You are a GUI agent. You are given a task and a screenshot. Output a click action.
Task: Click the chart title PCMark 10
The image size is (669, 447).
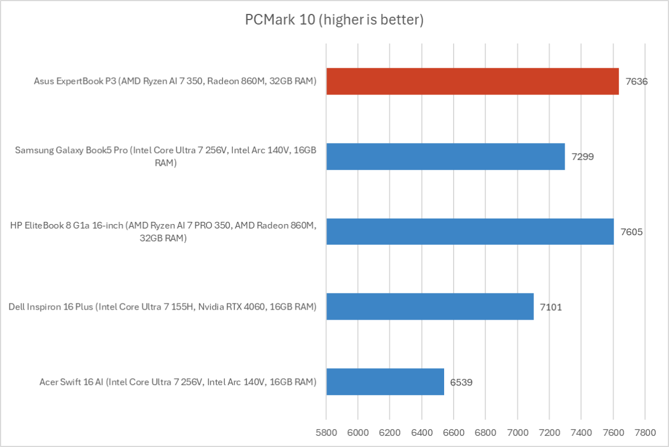tap(334, 21)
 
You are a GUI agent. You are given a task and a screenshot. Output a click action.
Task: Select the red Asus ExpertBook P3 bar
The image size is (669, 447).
tap(472, 81)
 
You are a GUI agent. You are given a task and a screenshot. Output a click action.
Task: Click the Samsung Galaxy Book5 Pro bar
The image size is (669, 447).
tap(445, 156)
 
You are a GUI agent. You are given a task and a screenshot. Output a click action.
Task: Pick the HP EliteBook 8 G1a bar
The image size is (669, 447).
tap(470, 231)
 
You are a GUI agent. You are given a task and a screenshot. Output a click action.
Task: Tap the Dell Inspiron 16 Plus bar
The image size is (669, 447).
tap(430, 306)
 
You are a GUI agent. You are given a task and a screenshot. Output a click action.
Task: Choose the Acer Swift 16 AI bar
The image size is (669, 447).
tap(385, 382)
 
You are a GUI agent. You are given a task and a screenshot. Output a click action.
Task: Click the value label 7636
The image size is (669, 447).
tap(637, 82)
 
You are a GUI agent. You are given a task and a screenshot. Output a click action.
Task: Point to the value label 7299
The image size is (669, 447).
tap(583, 156)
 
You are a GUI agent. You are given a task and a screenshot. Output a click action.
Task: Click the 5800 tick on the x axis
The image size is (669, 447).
tap(326, 432)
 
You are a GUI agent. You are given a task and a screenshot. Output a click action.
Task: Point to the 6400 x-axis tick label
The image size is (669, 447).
tap(422, 432)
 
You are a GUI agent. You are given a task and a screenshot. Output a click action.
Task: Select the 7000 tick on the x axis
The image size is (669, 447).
tap(517, 432)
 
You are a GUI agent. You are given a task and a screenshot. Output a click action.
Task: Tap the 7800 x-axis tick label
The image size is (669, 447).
tap(644, 432)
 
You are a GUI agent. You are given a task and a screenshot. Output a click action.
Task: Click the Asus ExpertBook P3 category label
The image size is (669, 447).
tap(175, 82)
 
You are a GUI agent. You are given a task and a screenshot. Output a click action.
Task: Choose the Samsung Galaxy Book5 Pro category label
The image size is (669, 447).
tap(166, 156)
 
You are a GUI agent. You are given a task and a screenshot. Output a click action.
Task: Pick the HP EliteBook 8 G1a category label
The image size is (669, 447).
tap(163, 231)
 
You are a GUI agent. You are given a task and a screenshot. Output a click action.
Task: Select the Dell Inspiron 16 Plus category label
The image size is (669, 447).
tap(162, 307)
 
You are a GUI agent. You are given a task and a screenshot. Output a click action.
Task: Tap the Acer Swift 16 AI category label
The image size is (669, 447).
tap(178, 382)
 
